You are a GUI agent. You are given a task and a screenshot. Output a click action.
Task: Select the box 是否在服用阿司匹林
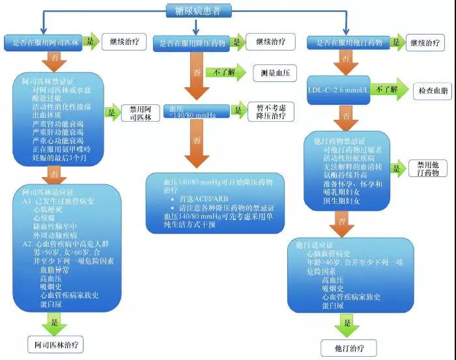(43, 43)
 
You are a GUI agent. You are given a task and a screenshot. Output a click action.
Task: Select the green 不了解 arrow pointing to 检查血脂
(389, 89)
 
